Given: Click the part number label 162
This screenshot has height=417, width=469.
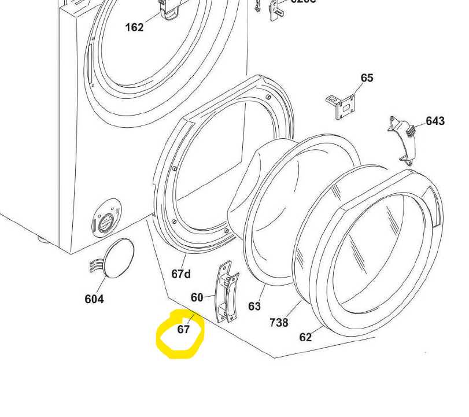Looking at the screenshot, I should coord(134,27).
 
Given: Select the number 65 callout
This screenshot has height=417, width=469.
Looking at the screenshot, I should coord(367,78).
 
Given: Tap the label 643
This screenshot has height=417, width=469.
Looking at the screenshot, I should coord(435,121).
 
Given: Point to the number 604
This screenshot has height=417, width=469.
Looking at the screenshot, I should coord(94,299).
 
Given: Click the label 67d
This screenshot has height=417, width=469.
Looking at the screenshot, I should coord(181,274).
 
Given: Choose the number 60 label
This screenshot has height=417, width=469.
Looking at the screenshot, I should coord(197,297).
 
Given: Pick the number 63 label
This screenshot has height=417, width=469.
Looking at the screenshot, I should coord(254,306).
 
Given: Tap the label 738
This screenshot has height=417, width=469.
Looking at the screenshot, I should coord(279,322).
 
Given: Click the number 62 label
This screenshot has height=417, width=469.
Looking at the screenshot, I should coord(305,337).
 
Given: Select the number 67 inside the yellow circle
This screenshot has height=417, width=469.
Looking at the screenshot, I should coord(183,330).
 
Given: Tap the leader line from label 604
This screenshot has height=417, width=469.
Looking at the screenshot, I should coord(105,283).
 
